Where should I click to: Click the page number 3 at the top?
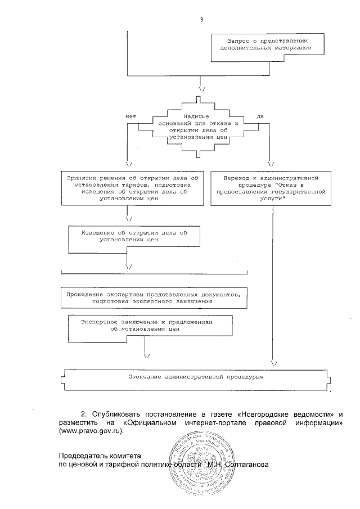point(201,21)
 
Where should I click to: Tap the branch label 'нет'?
point(130,116)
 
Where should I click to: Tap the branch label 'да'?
point(260,116)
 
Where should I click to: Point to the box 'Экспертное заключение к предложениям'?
point(150,326)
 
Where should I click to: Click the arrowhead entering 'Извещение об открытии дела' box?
point(129,219)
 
